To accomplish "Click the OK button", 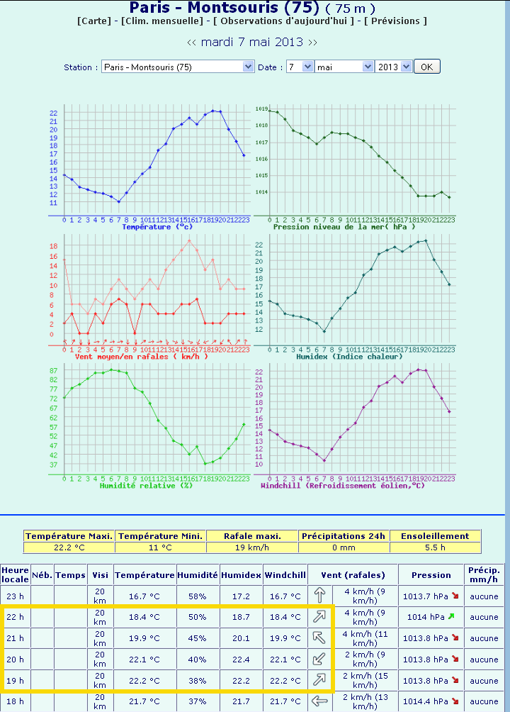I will [426, 67].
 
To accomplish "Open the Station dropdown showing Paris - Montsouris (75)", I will [177, 67].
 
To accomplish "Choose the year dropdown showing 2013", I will [394, 67].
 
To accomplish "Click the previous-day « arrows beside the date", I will [192, 42].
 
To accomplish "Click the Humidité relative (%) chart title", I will [146, 486].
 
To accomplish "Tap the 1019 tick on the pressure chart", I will [261, 109].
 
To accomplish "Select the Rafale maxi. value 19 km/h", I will [252, 547].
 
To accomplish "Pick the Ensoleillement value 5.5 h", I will [435, 547].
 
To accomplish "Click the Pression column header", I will [431, 575].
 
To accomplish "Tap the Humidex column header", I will [242, 575].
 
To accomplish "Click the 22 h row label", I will [15, 617].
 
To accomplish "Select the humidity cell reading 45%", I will [198, 638].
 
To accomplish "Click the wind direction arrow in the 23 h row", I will [322, 596].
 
